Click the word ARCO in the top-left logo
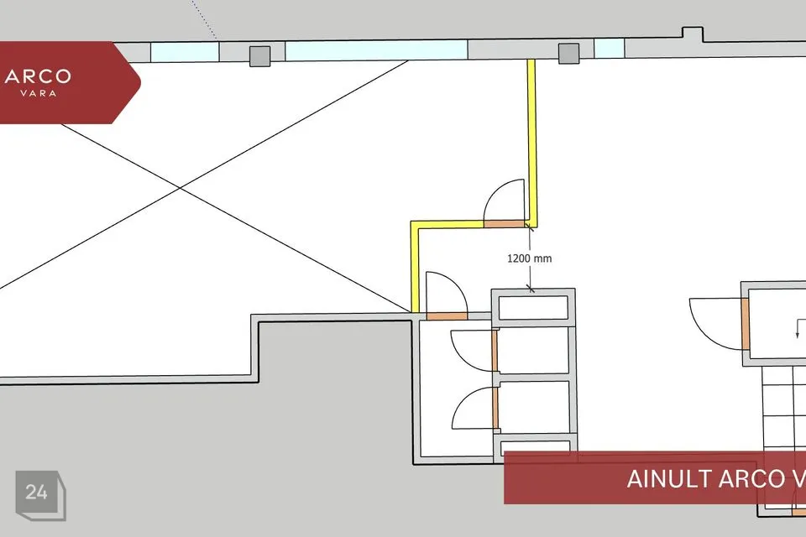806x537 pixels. click(38, 77)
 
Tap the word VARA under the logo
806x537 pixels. click(38, 93)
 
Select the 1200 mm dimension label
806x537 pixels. click(530, 258)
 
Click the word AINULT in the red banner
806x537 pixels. click(669, 479)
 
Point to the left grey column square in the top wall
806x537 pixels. click(259, 56)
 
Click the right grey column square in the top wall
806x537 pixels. click(568, 54)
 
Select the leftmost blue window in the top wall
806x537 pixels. click(185, 52)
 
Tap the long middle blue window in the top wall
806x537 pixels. click(376, 50)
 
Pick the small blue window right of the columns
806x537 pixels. click(610, 49)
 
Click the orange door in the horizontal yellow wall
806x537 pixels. click(505, 223)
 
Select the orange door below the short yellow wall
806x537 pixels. click(447, 316)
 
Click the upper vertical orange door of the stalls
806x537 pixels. click(495, 351)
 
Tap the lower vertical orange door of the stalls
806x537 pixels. click(495, 408)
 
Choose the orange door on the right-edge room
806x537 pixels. click(745, 325)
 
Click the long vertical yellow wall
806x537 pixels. click(532, 143)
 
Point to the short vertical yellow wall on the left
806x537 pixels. click(414, 267)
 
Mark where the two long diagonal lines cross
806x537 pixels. click(180, 189)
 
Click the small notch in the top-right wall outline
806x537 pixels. click(693, 34)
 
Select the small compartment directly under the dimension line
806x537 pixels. click(534, 307)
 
